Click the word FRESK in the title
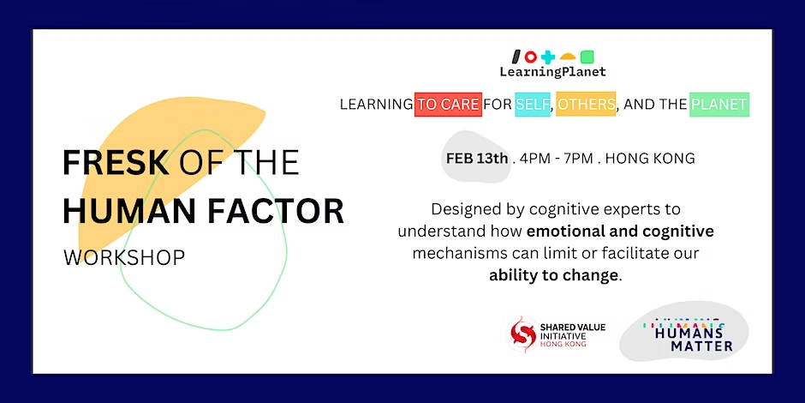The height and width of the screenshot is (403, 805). click(x=116, y=162)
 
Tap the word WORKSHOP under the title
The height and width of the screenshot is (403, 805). click(x=124, y=257)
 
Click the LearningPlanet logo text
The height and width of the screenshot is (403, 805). click(x=553, y=72)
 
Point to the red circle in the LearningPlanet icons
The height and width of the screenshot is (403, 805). click(x=531, y=57)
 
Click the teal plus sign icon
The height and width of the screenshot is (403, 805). click(x=548, y=57)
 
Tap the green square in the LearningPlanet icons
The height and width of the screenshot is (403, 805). click(x=587, y=57)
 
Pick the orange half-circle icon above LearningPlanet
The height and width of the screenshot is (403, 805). click(x=567, y=57)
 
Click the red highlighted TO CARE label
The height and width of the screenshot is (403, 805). click(x=448, y=105)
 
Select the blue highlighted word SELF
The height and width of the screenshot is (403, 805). click(x=533, y=105)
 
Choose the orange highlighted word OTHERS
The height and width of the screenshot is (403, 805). click(x=586, y=105)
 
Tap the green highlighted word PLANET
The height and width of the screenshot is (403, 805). click(x=719, y=105)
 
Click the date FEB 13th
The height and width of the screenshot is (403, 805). click(x=477, y=159)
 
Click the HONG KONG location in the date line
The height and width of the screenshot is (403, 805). click(x=651, y=159)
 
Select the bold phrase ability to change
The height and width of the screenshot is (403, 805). click(x=553, y=275)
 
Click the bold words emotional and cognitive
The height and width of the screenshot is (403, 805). click(x=620, y=232)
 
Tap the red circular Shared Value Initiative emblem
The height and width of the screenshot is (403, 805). click(x=522, y=334)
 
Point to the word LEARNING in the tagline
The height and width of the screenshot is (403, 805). click(x=376, y=105)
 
